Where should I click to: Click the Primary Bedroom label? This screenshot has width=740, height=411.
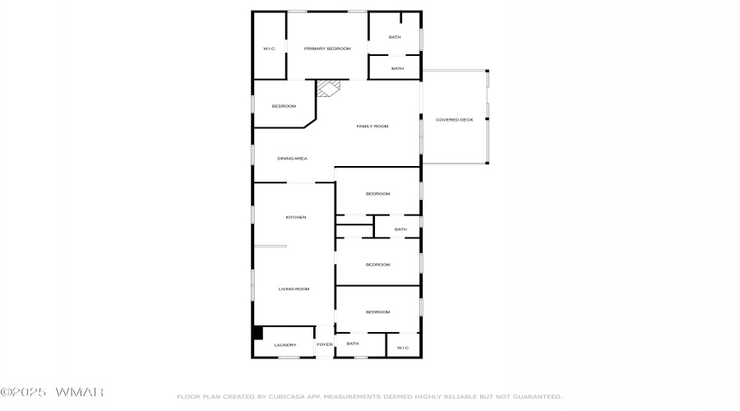(x=327, y=49)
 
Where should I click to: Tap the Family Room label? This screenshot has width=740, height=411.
(x=372, y=127)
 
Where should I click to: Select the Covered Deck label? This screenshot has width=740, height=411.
(x=454, y=120)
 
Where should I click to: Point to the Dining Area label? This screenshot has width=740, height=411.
(x=292, y=159)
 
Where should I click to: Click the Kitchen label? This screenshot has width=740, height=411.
(x=295, y=218)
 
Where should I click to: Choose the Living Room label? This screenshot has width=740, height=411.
(x=294, y=289)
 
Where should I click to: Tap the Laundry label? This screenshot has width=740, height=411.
(x=285, y=345)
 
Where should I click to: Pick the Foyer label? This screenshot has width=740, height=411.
(x=325, y=345)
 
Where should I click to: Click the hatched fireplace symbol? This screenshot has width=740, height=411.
(x=329, y=87)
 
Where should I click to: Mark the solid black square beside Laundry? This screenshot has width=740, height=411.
(x=257, y=333)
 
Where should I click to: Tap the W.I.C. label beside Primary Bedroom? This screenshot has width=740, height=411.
(x=269, y=49)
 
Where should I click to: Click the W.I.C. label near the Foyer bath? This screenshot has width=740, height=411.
(x=403, y=348)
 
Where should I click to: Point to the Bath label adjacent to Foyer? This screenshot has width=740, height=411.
(x=353, y=344)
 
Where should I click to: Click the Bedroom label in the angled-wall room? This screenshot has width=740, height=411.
(x=284, y=107)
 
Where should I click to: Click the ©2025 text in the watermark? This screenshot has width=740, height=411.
(x=26, y=393)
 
